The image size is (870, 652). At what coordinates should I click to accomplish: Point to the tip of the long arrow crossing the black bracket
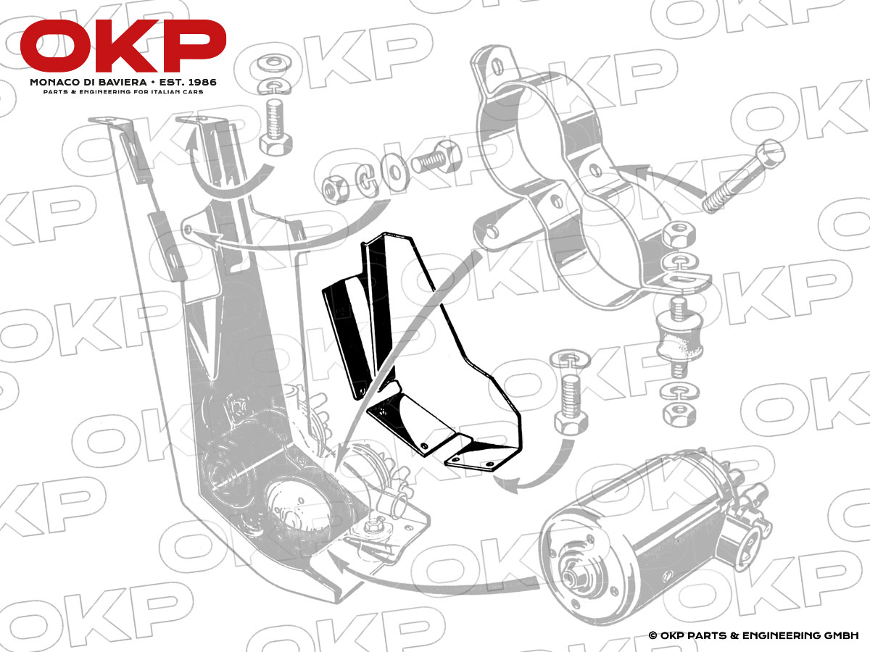coord(336,470)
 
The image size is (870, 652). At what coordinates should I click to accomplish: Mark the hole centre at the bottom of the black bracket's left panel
coord(360,391)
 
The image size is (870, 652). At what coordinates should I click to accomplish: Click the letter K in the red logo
coord(125,45)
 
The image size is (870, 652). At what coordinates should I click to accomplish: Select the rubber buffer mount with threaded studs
coord(679,343)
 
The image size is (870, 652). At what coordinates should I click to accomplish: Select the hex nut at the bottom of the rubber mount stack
coord(679,415)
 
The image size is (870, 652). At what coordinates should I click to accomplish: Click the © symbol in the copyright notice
coord(652,635)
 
